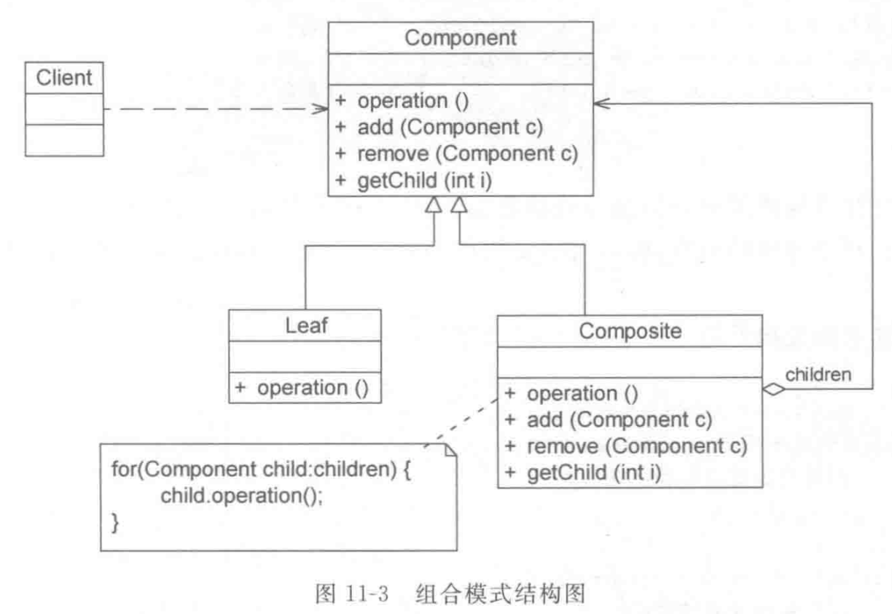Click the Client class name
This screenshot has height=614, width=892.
pos(64,77)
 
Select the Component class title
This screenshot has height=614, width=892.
pos(461,37)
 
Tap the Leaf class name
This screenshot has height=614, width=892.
pos(305,325)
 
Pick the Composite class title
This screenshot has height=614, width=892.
pos(630,330)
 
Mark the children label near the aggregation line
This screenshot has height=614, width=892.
pos(818,375)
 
